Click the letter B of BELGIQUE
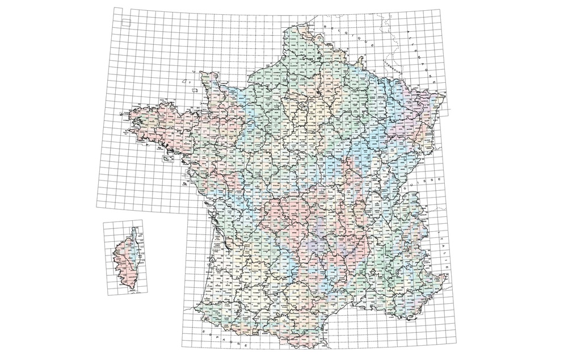pos(326,26)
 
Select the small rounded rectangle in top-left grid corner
pos(126,23)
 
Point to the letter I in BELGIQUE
pos(353,35)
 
